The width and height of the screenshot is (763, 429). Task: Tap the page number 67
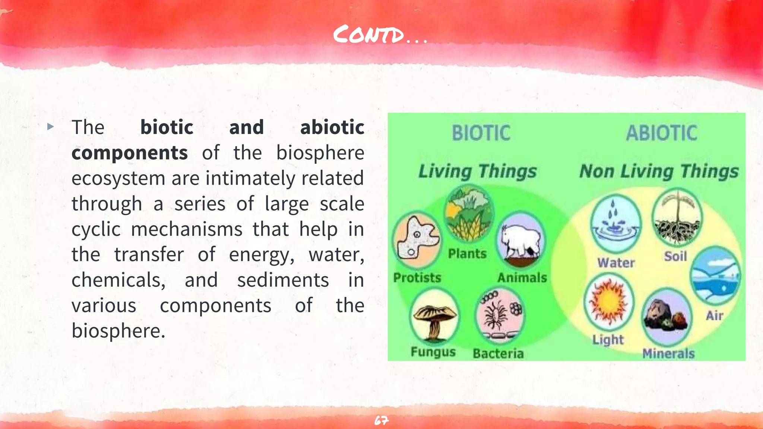coord(381,421)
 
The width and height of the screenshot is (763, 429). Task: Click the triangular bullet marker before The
coord(51,127)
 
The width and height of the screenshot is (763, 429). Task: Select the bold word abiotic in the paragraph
coord(332,127)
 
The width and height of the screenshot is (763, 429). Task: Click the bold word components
coord(130,153)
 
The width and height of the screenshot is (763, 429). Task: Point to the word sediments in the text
coord(283,280)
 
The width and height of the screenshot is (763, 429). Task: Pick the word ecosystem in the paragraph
coord(118,178)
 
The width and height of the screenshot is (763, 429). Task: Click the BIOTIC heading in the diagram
coord(481,133)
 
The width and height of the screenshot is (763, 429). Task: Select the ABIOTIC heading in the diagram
coord(661,133)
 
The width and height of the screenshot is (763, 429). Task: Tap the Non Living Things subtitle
coord(659,172)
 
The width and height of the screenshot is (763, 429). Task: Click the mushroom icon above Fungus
coord(434,316)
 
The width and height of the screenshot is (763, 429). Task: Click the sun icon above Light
coord(608,301)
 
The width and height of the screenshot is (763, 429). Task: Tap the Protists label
coord(417,278)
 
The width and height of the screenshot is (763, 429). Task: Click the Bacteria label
coord(498,353)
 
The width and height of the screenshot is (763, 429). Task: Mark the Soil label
coord(675,256)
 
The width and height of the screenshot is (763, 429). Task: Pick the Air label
coord(714,316)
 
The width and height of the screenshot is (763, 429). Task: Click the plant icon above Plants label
coord(469,214)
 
